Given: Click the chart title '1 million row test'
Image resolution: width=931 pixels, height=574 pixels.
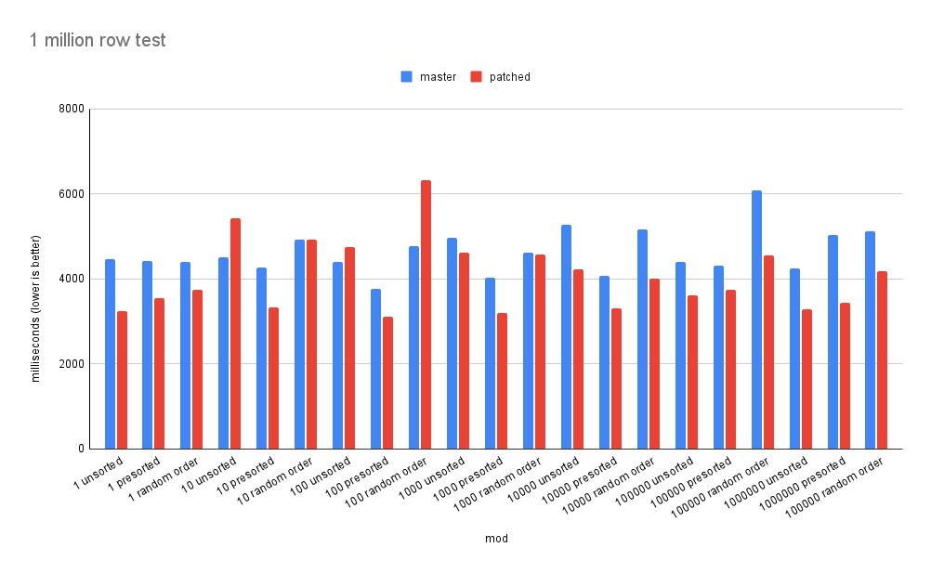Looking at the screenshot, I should [98, 40].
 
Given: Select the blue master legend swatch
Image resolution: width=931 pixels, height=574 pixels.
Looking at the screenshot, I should [406, 77].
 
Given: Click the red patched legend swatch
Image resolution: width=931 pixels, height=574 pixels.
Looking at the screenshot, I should [476, 77].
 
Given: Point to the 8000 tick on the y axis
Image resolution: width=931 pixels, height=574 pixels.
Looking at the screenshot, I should [72, 109].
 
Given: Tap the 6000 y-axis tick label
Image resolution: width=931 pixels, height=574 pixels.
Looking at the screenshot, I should [72, 194].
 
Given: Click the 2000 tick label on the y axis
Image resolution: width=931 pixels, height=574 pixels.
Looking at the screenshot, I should [72, 364].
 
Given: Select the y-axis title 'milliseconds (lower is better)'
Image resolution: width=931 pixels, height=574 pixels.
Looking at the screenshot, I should [36, 279].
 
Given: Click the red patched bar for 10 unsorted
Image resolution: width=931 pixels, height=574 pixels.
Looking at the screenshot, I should [235, 333].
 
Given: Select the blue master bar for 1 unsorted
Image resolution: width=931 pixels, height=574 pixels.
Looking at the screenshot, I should [110, 354].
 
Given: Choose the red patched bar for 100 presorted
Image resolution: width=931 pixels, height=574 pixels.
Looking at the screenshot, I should [387, 383].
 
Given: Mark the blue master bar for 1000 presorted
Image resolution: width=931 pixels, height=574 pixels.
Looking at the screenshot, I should [490, 363].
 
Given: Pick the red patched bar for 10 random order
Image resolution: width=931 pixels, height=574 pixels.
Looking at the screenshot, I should [311, 344].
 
